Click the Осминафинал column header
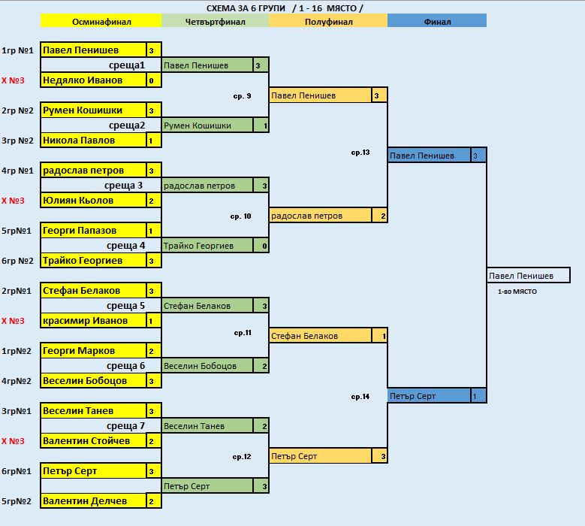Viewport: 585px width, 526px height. (x=101, y=21)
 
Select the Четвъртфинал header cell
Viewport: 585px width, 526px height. (x=215, y=21)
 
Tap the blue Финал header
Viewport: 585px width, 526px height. (x=437, y=21)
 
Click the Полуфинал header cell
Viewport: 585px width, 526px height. (x=327, y=21)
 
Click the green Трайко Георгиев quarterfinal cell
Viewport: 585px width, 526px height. (x=208, y=246)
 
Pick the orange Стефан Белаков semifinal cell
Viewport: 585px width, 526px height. (x=321, y=336)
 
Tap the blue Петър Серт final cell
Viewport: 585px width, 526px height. (x=429, y=396)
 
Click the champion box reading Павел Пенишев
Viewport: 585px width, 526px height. (x=528, y=276)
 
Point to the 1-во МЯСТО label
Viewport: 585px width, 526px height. (x=517, y=291)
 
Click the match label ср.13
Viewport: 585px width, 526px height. (x=360, y=153)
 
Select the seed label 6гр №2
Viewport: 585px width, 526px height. (x=17, y=261)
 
